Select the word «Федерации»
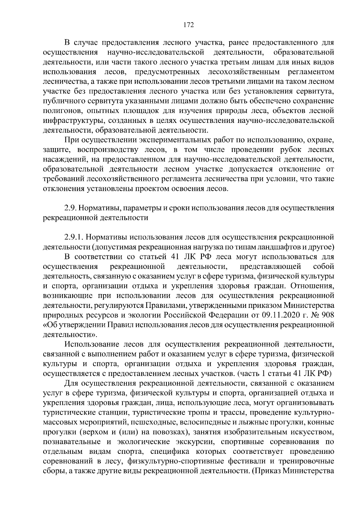pos(229,315)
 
